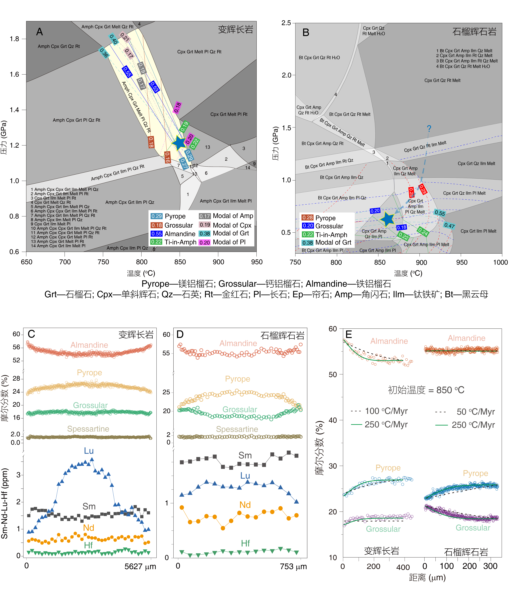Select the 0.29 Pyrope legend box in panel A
(156, 216)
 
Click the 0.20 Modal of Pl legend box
(205, 242)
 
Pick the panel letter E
(349, 334)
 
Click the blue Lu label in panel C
(89, 451)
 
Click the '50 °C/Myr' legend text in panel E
(475, 412)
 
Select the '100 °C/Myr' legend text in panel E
(386, 411)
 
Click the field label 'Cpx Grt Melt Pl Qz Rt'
(199, 52)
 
